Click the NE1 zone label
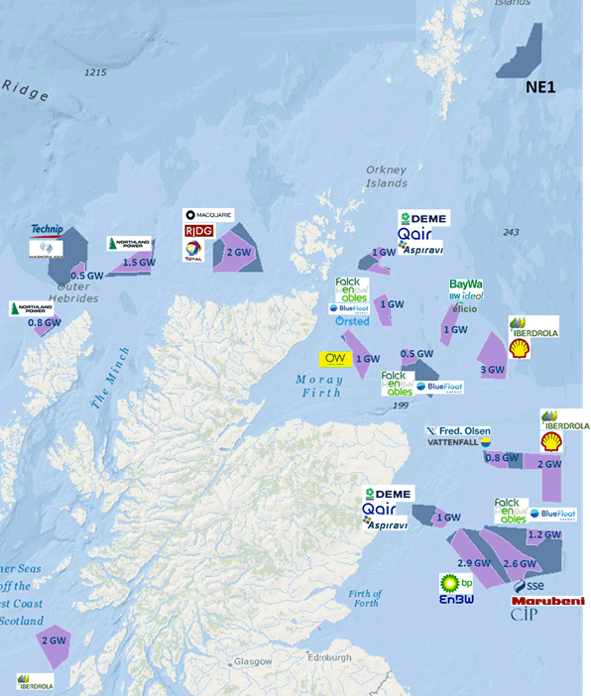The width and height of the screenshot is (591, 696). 539,89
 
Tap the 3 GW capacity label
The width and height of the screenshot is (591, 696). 492,370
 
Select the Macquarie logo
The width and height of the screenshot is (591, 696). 208,216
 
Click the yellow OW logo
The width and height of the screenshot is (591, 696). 331,358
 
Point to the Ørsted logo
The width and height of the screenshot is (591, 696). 352,321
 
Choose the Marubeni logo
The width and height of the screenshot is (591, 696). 547,601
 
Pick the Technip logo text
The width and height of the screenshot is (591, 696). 47,229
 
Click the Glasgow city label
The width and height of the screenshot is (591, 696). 253,661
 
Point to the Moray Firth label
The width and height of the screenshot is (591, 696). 318,386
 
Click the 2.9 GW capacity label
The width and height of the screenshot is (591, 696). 475,563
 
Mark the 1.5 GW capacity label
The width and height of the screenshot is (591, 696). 138,263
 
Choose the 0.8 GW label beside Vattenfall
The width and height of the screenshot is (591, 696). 502,458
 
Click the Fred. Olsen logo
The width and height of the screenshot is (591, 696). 457,431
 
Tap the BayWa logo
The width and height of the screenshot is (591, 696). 465,285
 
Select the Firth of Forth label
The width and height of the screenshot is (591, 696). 366,598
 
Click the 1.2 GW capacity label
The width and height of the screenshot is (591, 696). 544,534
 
